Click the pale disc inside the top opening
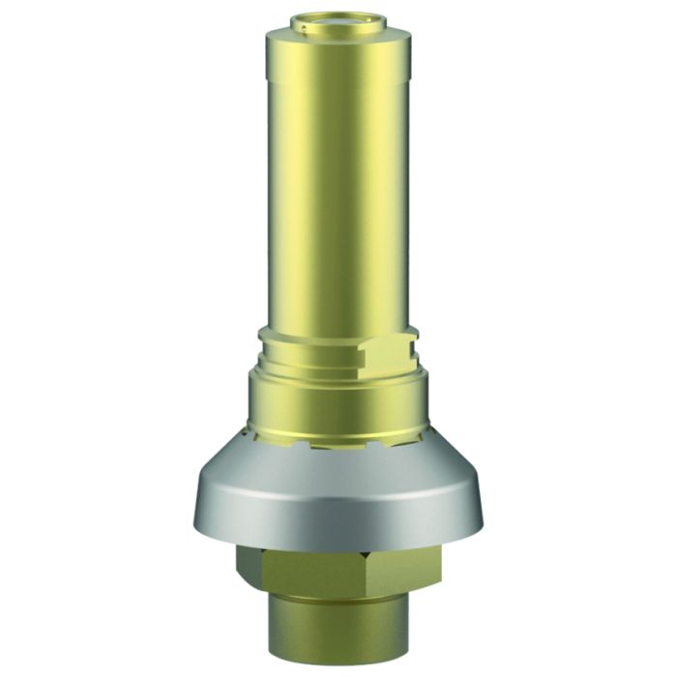pos(339,18)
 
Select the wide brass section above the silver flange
pos(338,401)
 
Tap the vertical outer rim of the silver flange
pos(338,517)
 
